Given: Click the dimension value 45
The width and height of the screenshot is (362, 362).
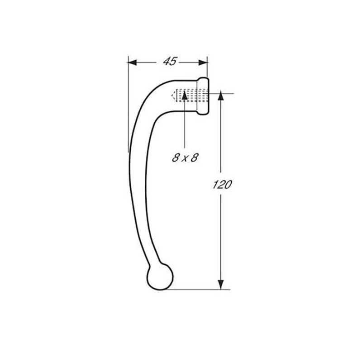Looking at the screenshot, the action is click(x=170, y=62).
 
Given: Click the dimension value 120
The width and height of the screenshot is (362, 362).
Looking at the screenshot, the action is click(x=222, y=185).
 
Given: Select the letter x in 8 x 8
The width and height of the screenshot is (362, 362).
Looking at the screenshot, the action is click(x=185, y=159).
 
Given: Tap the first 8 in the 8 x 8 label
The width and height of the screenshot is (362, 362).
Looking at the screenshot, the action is click(x=176, y=157).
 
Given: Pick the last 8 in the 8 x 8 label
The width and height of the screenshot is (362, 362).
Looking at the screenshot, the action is click(x=195, y=157).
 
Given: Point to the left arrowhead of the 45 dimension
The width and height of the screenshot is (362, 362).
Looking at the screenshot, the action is click(x=132, y=62).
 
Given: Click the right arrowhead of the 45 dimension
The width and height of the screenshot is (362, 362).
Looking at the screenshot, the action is click(x=203, y=62).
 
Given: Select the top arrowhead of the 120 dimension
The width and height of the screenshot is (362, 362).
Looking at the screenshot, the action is click(x=221, y=95).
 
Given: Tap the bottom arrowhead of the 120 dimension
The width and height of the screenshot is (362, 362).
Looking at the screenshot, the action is click(x=221, y=285).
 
